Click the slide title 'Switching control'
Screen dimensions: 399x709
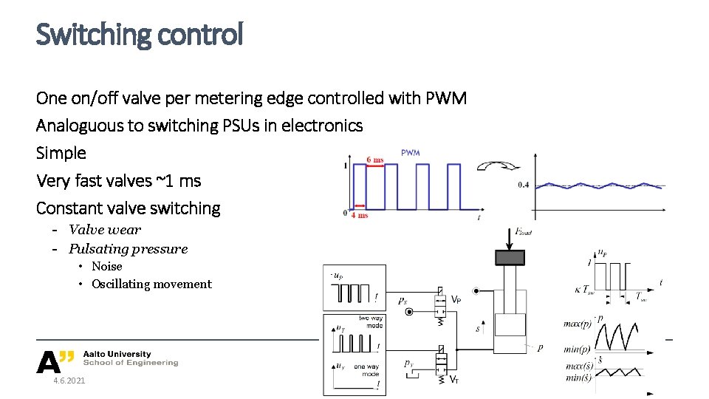139,34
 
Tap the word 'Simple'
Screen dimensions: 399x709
61,154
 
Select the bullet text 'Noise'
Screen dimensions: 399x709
107,266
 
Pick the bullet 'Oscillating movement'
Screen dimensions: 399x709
151,284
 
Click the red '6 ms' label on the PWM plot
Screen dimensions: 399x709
375,160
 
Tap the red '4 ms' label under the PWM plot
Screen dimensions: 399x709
359,215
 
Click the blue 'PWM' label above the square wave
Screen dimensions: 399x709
410,153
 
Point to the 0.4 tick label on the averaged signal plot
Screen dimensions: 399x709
523,185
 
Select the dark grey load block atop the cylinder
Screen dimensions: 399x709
510,257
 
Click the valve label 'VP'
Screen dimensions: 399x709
456,300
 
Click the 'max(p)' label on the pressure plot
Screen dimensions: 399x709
577,324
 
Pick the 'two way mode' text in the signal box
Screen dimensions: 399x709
370,322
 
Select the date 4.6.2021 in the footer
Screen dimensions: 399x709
69,381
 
